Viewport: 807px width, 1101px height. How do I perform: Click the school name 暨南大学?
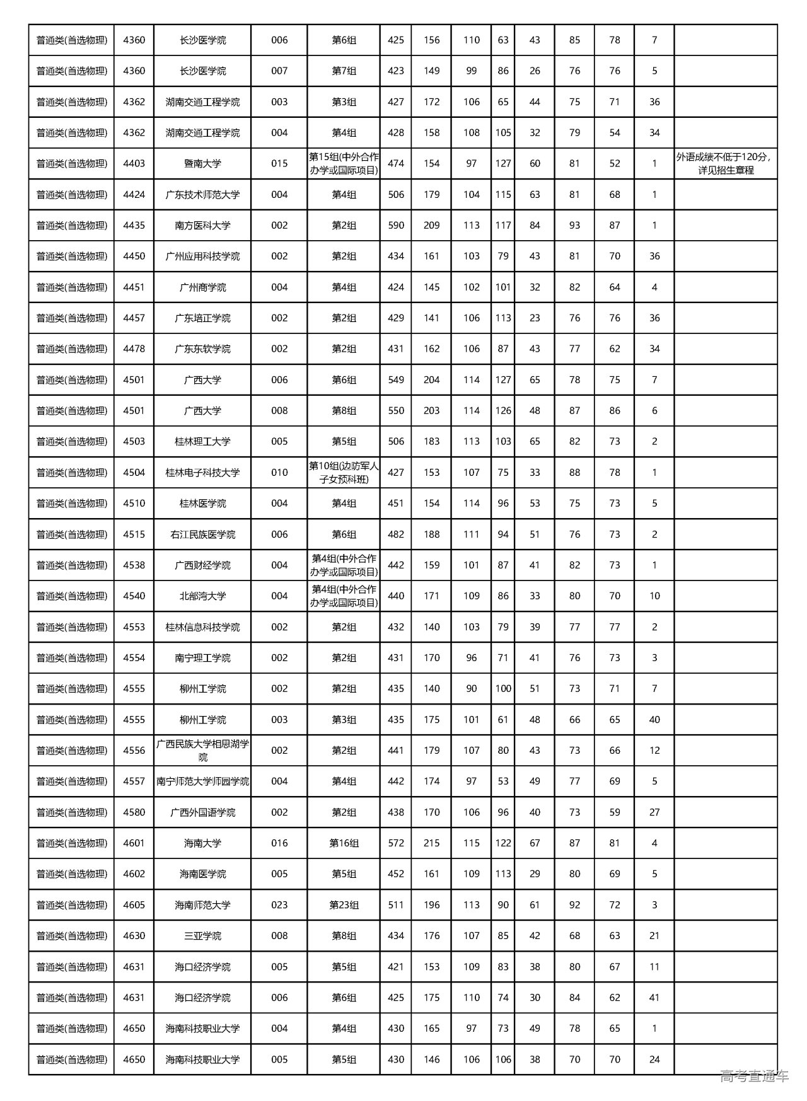pos(202,164)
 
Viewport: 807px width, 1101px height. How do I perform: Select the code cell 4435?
pos(134,226)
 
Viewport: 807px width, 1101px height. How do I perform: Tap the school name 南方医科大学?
pos(202,226)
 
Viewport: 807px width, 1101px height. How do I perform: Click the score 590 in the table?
pos(396,226)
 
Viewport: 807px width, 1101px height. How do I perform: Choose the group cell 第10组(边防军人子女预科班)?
pos(344,473)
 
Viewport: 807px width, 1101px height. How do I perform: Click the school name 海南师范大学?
pos(202,905)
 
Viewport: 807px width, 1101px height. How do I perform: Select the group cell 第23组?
pos(344,905)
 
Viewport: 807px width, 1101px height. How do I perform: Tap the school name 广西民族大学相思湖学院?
pos(202,751)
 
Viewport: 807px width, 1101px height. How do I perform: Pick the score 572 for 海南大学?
pos(396,843)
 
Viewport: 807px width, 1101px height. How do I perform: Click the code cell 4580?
pos(134,812)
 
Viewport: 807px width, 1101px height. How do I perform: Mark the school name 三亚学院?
pos(202,936)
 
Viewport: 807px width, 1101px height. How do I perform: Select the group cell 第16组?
pos(344,843)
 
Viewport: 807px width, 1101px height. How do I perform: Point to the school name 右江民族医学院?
pos(202,534)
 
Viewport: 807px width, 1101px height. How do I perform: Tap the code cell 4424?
pos(134,195)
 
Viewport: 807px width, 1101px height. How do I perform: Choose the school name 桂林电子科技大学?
pos(202,473)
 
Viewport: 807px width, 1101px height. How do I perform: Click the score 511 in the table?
pos(396,905)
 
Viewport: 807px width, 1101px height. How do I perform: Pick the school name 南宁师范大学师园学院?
pos(202,781)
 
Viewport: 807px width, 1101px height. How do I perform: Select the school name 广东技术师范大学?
pos(202,195)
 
